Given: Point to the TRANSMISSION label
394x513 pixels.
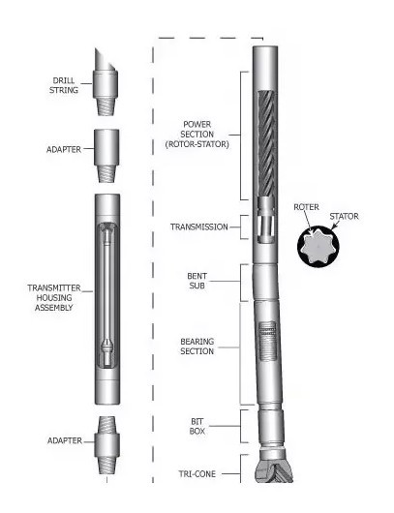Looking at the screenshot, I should click(x=198, y=227).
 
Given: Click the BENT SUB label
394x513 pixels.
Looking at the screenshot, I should click(x=197, y=280).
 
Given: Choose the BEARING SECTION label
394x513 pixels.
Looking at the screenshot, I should click(x=197, y=347).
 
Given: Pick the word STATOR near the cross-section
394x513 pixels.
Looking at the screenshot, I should click(x=344, y=217).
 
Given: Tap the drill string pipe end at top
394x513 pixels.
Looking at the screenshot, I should click(x=106, y=83).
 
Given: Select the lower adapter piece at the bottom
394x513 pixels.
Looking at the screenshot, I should click(x=106, y=448).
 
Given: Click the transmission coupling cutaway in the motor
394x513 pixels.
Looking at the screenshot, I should click(x=266, y=226).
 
